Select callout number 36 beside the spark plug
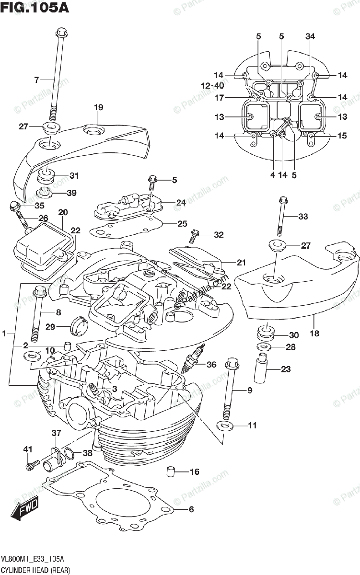pos(211,365)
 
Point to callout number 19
pos(98,107)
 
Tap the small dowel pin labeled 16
pos(170,471)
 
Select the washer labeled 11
pos(224,425)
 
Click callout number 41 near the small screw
pos(28,449)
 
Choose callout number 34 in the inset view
pos(310,36)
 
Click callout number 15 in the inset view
pos(341,136)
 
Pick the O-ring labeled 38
pos(69,453)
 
